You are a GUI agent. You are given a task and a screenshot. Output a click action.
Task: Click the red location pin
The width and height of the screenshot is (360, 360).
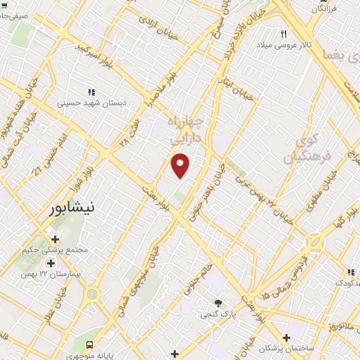[x=181, y=165]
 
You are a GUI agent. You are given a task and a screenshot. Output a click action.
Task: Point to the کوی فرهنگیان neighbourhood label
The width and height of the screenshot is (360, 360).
[x=302, y=148]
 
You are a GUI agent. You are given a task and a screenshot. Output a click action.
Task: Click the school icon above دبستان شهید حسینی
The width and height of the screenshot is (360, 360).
[x=90, y=92]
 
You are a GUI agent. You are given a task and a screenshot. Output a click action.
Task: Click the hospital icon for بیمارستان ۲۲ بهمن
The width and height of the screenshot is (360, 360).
[x=50, y=263]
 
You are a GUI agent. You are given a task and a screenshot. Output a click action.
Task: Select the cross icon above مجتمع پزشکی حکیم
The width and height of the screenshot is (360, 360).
[x=55, y=240]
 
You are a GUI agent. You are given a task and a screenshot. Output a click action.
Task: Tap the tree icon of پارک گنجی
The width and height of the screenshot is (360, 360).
[x=218, y=302]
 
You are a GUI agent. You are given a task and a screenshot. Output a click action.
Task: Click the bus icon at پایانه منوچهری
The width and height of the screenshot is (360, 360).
[x=89, y=345]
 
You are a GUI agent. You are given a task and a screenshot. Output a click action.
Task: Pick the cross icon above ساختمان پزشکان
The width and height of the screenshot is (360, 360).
[x=286, y=337]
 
